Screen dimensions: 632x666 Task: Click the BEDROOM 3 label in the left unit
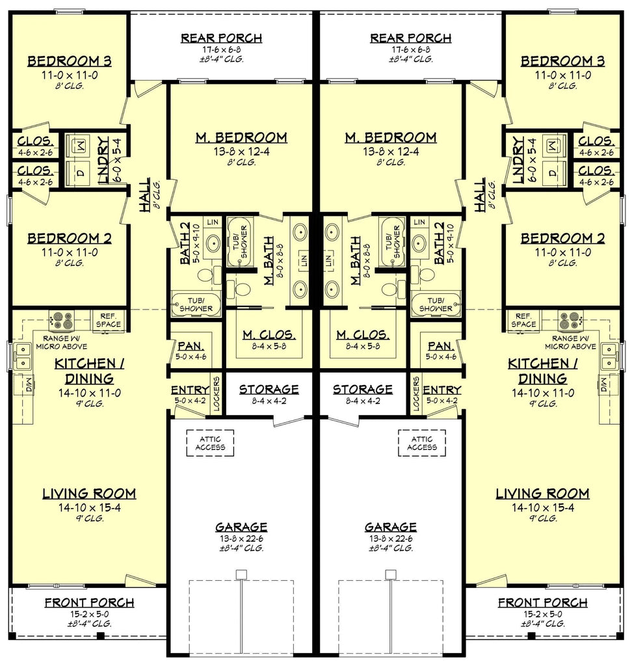(x=69, y=61)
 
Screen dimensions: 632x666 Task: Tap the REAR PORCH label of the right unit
(x=411, y=38)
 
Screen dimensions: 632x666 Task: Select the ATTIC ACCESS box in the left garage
(x=210, y=443)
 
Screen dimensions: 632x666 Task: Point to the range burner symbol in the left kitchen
(x=62, y=321)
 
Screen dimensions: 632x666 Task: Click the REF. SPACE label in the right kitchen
(x=523, y=320)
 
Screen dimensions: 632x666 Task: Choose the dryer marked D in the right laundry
(x=553, y=173)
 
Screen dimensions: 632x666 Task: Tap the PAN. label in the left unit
(x=191, y=346)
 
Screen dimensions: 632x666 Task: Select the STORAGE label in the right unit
(x=362, y=390)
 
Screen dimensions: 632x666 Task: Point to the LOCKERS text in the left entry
(x=217, y=393)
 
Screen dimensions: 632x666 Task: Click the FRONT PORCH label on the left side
(x=89, y=603)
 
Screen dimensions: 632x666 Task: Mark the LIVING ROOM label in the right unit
(x=542, y=494)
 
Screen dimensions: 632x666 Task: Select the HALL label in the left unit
(x=145, y=195)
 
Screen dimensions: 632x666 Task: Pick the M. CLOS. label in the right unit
(x=362, y=335)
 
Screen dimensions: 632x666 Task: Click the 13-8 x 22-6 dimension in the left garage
(x=241, y=539)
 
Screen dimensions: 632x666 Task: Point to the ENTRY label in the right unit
(x=441, y=390)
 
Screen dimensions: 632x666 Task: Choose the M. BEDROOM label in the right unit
(x=391, y=138)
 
